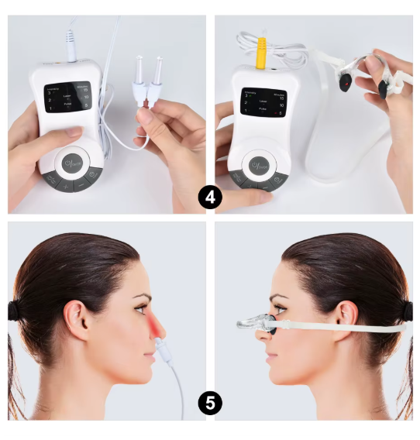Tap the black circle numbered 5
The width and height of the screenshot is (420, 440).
(x=209, y=402)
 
